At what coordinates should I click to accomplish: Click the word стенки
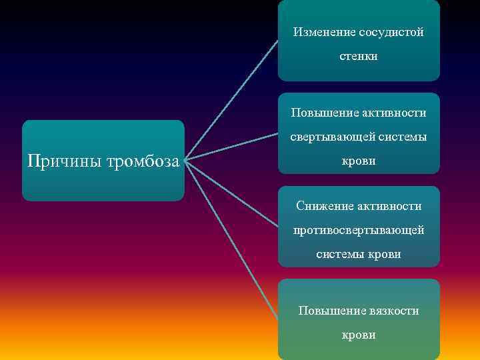[x=359, y=57]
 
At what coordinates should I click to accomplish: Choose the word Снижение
[x=323, y=206]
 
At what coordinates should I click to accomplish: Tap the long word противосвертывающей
[x=359, y=230]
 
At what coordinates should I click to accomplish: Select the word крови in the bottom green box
[x=359, y=335]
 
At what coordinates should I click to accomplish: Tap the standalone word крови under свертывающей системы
[x=359, y=161]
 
